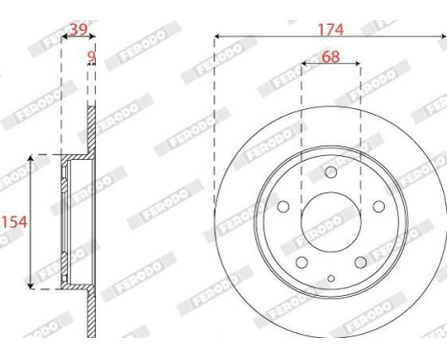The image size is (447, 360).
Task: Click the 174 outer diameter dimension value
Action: (x=331, y=29)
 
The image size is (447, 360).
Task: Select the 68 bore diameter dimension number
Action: (x=330, y=56)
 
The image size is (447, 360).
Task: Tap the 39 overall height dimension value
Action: (x=78, y=30)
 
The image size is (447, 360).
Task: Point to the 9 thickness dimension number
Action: (x=92, y=57)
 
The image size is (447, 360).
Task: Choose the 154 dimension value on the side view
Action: (x=13, y=221)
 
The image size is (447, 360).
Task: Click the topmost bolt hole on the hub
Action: (x=331, y=172)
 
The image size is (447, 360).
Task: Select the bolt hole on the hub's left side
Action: (x=283, y=208)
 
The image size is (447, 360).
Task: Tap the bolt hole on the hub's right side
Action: (x=378, y=208)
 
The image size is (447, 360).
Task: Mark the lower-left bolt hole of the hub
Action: (x=302, y=263)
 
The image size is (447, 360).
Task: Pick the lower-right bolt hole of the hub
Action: (x=360, y=263)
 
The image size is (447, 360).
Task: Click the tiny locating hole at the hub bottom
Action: (x=331, y=278)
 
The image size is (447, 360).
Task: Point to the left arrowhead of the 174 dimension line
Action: (x=217, y=36)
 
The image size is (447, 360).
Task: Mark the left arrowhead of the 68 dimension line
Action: (x=305, y=65)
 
